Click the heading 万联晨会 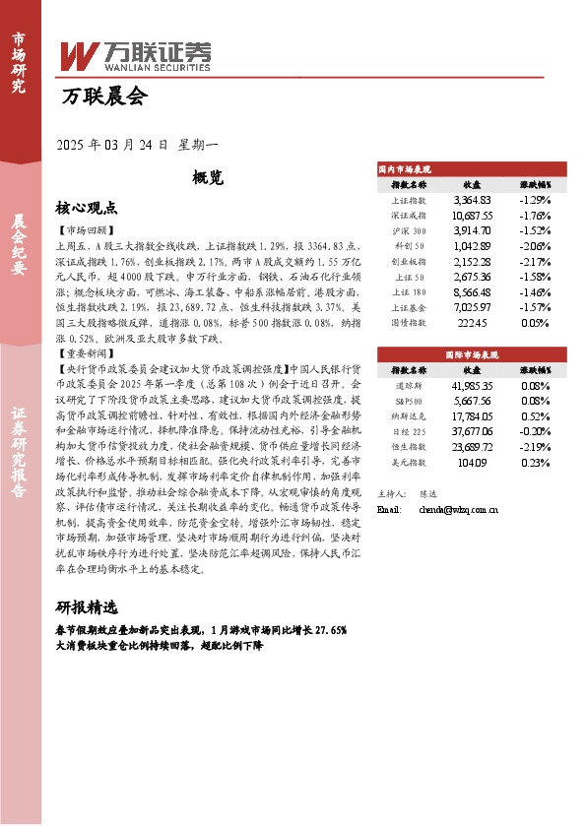coord(103,96)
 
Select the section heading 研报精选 coord(87,606)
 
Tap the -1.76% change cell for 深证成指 coord(535,215)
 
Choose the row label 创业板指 coord(409,262)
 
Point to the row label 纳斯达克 coord(409,415)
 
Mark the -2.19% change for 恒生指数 coord(535,447)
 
